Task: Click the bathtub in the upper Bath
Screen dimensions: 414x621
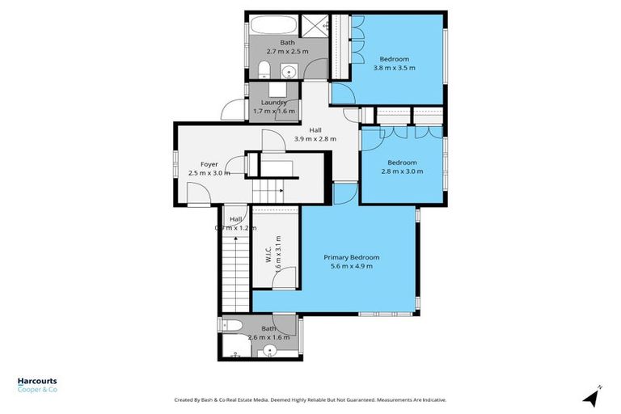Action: [273, 24]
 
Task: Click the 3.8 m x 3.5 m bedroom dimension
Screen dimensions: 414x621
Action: [395, 68]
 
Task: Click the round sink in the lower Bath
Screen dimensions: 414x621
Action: [272, 350]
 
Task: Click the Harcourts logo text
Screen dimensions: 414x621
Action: [37, 382]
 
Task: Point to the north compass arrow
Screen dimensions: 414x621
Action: [592, 396]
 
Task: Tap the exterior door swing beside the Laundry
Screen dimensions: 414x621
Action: [233, 112]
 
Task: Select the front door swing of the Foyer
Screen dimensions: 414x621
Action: [197, 193]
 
